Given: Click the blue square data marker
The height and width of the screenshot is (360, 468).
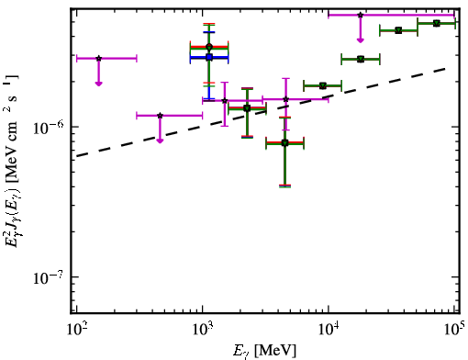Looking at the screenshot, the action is (x=209, y=57).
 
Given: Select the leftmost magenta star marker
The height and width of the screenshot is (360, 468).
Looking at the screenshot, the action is (x=98, y=58).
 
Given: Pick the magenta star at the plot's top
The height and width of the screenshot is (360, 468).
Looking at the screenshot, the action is (x=361, y=15).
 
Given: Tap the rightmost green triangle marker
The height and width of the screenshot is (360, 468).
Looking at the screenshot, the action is (x=437, y=23).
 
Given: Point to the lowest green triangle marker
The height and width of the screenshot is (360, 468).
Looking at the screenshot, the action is (x=284, y=143).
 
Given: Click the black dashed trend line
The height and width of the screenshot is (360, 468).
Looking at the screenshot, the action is (x=262, y=112).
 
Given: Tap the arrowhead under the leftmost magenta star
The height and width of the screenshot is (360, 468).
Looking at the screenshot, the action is (x=98, y=84).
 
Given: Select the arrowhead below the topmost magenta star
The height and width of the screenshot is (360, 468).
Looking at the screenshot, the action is (x=361, y=40).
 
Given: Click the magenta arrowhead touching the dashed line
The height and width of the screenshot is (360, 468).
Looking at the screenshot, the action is (x=160, y=141).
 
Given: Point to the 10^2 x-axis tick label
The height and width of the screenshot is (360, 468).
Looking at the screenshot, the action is (x=76, y=329).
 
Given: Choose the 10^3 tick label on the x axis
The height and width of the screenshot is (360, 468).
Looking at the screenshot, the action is (x=202, y=329).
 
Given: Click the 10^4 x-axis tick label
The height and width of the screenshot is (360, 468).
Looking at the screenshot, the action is (x=329, y=329).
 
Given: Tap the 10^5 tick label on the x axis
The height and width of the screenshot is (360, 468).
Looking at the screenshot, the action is (x=454, y=328).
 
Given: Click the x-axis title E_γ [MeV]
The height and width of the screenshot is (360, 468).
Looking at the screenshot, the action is (x=264, y=351).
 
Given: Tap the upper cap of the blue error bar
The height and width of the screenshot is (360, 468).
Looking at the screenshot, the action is (x=209, y=32).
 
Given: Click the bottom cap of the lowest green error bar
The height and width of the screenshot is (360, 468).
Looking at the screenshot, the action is (x=284, y=186).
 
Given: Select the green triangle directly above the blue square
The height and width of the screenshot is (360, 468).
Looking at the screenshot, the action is (x=209, y=47).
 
